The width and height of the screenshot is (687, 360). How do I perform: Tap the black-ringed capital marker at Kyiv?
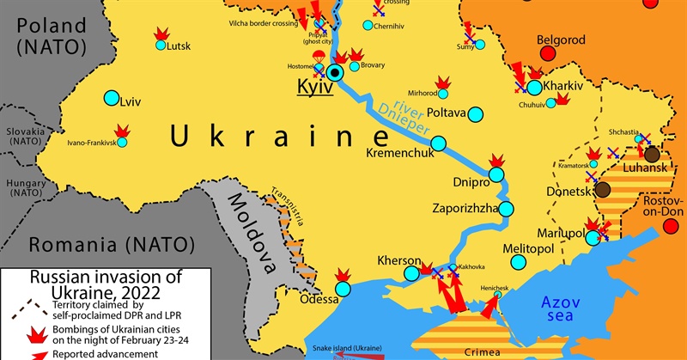pos(335,73)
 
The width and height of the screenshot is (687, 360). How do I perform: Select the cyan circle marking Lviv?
pos(111,99)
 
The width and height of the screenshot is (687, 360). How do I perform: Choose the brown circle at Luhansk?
pos(652,154)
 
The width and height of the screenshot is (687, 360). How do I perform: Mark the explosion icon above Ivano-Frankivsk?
pos(124,131)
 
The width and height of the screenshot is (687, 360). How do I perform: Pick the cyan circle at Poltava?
pos(477,113)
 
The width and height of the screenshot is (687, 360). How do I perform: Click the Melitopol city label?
pos(530,249)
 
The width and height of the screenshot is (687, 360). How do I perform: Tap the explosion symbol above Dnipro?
pos(495,162)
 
